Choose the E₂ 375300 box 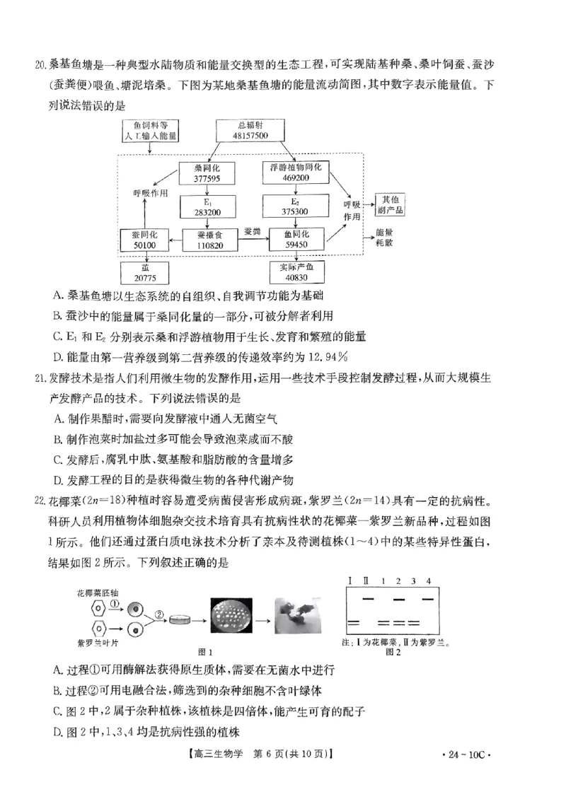(x=296, y=206)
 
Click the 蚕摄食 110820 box (x=207, y=239)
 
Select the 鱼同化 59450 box (x=296, y=238)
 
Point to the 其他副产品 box (x=392, y=204)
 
